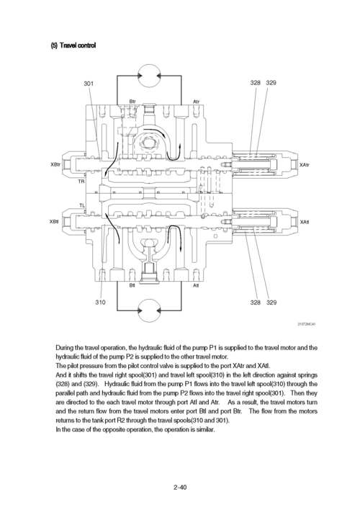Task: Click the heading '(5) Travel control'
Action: tap(73, 45)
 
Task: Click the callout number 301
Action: tap(89, 84)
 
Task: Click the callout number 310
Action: tap(100, 302)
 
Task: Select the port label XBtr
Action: tap(55, 164)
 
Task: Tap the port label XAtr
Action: tap(304, 165)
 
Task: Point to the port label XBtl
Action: tap(54, 221)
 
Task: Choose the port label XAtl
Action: tap(305, 222)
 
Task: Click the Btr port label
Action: tap(132, 102)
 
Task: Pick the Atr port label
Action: tap(196, 102)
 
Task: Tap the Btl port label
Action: tap(132, 285)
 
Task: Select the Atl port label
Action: tap(196, 285)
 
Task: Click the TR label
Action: tap(81, 182)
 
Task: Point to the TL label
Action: tap(82, 205)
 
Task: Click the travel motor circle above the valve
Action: tap(149, 76)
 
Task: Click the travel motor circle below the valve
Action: tap(149, 310)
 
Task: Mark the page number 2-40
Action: tap(180, 487)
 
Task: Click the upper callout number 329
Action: tap(271, 83)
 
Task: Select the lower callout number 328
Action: tap(256, 303)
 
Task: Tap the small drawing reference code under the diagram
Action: tap(307, 324)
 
